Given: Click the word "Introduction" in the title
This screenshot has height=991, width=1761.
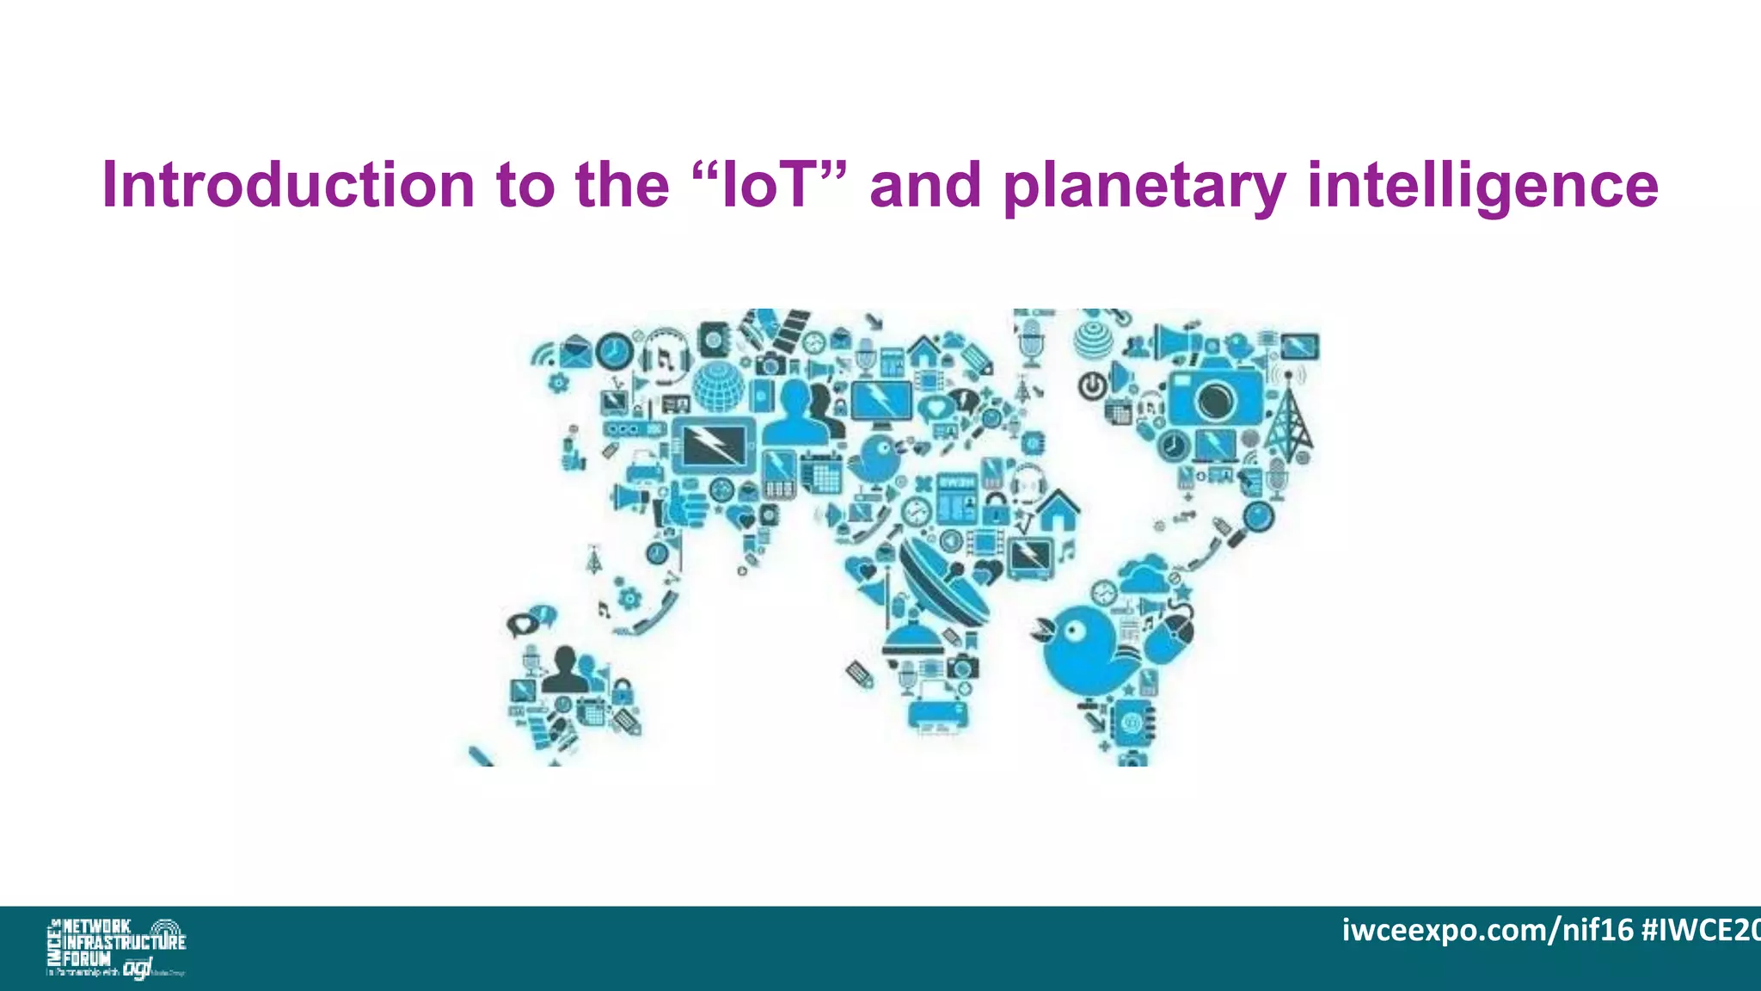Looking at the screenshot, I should pos(288,185).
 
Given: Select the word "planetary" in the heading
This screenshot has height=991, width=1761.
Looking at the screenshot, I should pos(1144,185).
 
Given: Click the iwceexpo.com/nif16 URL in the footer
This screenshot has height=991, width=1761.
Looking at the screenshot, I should pos(1487,930).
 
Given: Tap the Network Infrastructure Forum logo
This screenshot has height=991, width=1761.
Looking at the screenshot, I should pos(115,946).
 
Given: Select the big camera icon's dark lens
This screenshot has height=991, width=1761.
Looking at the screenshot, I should pos(1215,400).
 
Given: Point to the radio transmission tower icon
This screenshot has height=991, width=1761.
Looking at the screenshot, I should pos(1287,422).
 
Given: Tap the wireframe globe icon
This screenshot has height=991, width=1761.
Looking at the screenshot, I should pos(718,386).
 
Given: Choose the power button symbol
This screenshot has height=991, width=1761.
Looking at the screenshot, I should pos(1092,385).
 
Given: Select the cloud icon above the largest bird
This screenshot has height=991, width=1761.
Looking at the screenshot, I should pos(1144,574).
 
